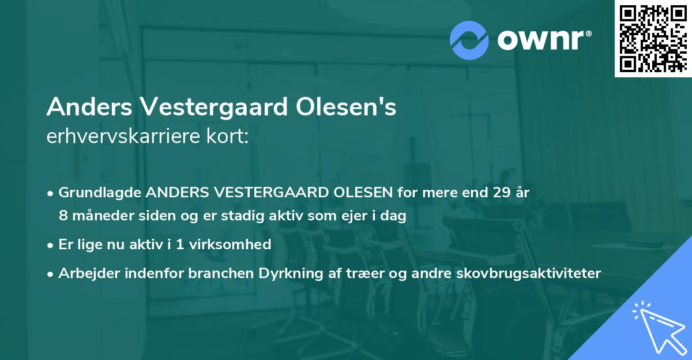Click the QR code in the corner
click(x=653, y=39)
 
